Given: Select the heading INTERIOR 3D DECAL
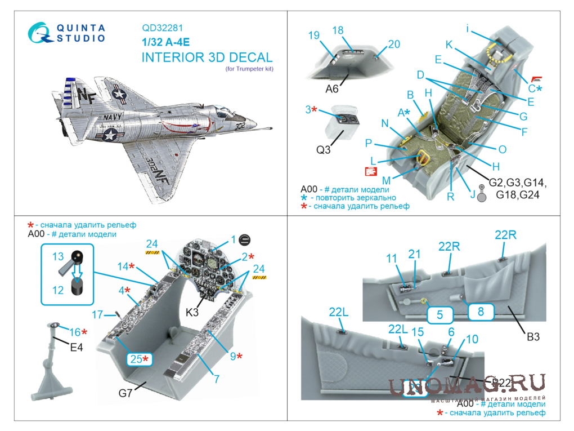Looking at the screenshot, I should pyautogui.click(x=207, y=57).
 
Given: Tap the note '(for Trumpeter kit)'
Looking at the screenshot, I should pyautogui.click(x=249, y=69).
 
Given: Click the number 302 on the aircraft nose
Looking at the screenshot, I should pyautogui.click(x=239, y=128).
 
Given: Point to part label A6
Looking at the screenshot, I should pyautogui.click(x=331, y=88).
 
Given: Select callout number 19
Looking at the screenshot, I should pyautogui.click(x=314, y=35).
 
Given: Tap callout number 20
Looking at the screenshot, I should pyautogui.click(x=394, y=44).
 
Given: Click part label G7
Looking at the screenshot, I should pyautogui.click(x=125, y=393).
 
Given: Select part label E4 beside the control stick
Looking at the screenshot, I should pyautogui.click(x=77, y=348).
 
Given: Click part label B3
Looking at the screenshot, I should pyautogui.click(x=533, y=337).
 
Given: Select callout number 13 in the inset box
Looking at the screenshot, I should pyautogui.click(x=58, y=256).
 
